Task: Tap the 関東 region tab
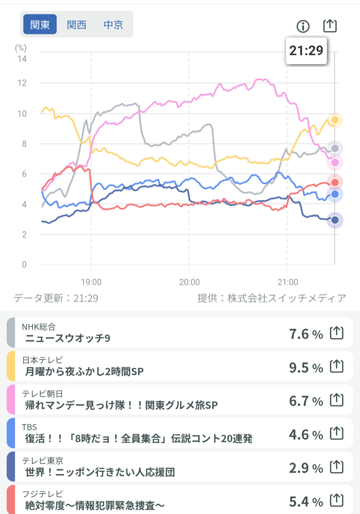click(40, 24)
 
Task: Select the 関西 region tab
click(77, 24)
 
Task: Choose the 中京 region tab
click(113, 24)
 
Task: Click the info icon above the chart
click(303, 26)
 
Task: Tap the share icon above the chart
click(330, 26)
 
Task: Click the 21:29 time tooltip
click(306, 51)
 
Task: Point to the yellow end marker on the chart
click(335, 120)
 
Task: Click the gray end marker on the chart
click(335, 148)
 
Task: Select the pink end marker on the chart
click(335, 163)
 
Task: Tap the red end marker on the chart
click(335, 182)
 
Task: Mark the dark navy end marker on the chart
click(335, 220)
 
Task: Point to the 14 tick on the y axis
click(22, 59)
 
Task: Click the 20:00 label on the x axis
click(189, 282)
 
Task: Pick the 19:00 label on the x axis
click(91, 282)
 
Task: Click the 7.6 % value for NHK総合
click(306, 334)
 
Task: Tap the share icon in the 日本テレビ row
click(337, 366)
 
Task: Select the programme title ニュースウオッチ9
click(68, 338)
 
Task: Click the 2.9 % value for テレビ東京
click(306, 468)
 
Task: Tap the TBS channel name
click(29, 427)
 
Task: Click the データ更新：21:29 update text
click(56, 298)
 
